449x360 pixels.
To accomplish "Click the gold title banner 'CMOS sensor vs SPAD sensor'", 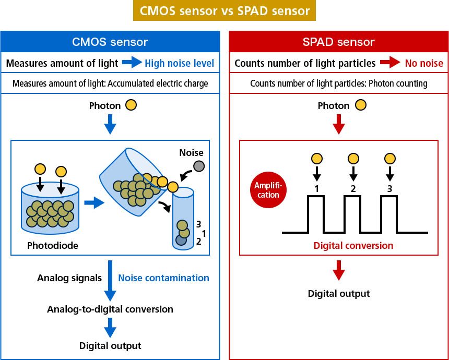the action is click(224, 10).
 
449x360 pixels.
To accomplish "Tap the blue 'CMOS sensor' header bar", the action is click(110, 42).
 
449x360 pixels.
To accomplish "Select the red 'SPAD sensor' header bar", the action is click(339, 42).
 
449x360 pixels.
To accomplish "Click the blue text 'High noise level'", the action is click(179, 63).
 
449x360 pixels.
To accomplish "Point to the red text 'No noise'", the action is click(424, 63).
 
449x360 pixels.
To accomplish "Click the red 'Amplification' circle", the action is click(268, 190).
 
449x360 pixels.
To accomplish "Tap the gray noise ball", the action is click(199, 166).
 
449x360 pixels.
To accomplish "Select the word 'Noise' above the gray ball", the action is click(191, 152).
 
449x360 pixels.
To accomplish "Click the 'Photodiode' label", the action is click(53, 245).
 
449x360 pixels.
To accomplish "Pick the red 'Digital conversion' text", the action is click(353, 246).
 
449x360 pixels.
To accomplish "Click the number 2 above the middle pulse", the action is click(353, 188).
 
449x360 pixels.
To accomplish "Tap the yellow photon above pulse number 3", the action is click(389, 159).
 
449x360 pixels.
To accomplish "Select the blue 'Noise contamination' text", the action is click(163, 278).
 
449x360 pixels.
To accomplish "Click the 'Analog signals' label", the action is click(69, 278).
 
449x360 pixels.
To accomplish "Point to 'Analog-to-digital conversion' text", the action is click(110, 309).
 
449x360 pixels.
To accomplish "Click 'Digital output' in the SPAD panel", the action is click(339, 293).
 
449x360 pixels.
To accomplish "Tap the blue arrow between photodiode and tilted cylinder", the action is click(94, 203).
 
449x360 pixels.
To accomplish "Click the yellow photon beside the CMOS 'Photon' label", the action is click(131, 105).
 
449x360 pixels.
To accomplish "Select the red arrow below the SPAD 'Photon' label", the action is click(339, 125).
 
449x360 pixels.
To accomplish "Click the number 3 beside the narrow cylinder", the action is click(198, 224).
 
